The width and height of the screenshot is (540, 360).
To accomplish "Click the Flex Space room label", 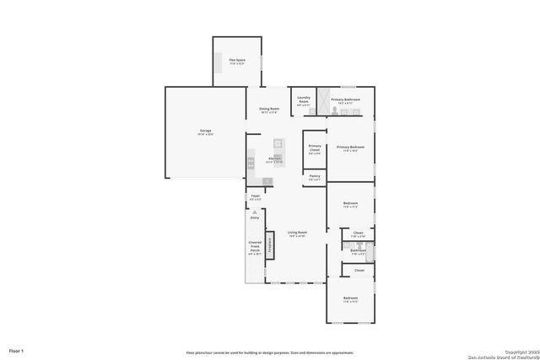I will [237, 61].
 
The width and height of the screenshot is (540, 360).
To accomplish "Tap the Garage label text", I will [205, 132].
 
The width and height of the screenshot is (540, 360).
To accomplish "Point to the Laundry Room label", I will [304, 99].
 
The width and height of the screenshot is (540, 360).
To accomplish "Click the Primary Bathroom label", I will [346, 100].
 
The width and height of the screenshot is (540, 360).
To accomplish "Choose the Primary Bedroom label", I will [350, 149].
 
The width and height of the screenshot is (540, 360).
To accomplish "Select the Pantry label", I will [314, 177].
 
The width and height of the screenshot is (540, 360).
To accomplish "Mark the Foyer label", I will [255, 197].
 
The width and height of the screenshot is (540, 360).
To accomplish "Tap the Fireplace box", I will [271, 244].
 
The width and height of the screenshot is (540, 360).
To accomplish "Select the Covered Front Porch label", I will [255, 249].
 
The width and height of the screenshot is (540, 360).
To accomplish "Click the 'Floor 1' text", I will [17, 349].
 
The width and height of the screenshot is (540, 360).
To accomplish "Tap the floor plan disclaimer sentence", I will [269, 352].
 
